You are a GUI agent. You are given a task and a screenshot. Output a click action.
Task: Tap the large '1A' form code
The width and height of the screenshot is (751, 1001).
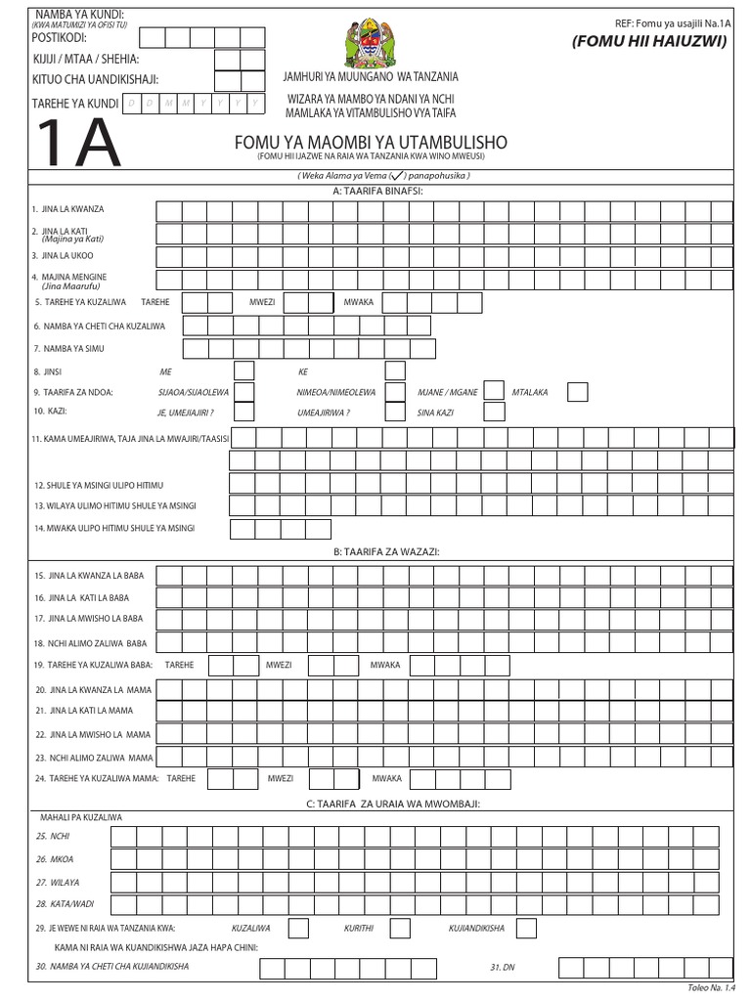pos(78,145)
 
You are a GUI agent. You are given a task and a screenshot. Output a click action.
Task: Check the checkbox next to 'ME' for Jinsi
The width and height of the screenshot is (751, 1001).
pos(243,370)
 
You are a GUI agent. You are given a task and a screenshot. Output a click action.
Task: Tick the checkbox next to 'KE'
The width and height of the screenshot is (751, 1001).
pos(395,370)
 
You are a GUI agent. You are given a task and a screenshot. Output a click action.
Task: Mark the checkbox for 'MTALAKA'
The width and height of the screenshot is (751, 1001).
pos(578,392)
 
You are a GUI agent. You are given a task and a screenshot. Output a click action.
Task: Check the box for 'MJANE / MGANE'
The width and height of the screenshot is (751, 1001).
pos(495,392)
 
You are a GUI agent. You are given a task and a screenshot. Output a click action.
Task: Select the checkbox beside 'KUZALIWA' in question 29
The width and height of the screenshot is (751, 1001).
pos(299,928)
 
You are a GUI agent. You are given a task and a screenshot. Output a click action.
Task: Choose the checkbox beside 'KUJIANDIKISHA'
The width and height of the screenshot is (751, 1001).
pos(525,928)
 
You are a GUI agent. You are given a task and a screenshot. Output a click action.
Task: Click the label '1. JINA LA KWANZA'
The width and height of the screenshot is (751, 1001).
pos(67,210)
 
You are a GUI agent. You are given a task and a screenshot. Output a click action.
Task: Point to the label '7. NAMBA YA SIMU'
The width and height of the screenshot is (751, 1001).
pos(68,348)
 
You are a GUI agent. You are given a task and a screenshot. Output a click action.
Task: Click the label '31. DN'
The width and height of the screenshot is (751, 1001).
pos(502,967)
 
